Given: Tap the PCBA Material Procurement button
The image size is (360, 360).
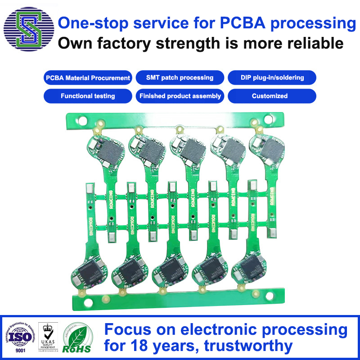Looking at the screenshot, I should coord(88,78).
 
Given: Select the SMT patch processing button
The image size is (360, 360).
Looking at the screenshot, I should coord(180,78).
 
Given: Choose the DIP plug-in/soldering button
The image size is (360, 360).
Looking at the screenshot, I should coord(272,78).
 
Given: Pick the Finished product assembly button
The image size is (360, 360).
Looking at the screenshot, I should coord(180,96).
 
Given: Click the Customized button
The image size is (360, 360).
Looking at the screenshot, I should coord(272,96).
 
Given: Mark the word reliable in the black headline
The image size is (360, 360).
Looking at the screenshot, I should coord(311,43).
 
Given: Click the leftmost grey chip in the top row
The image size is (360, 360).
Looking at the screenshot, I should coord(109,150).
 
